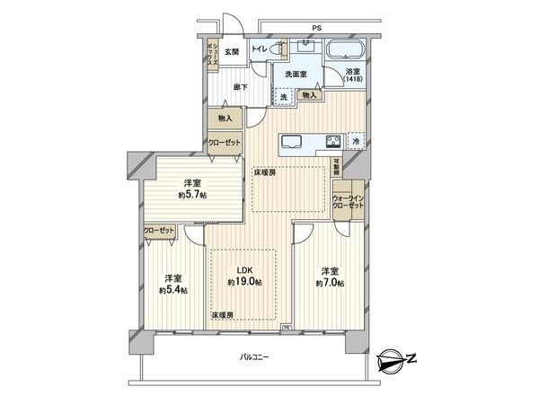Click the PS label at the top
pyautogui.click(x=315, y=29)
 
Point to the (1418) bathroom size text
pyautogui.click(x=354, y=81)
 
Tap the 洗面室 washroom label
pyautogui.click(x=296, y=75)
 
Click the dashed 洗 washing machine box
pyautogui.click(x=282, y=95)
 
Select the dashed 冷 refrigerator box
pyautogui.click(x=356, y=141)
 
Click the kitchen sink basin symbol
pyautogui.click(x=294, y=141)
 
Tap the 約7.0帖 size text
pyautogui.click(x=328, y=283)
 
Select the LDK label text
pyautogui.click(x=243, y=271)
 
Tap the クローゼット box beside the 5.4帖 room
pyautogui.click(x=159, y=231)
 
